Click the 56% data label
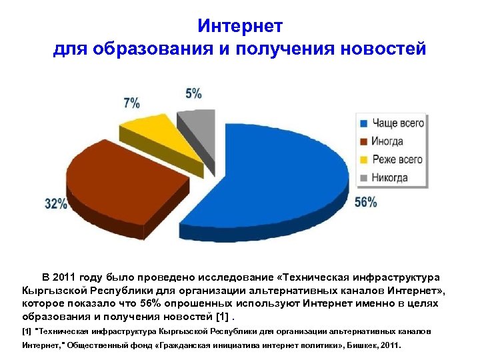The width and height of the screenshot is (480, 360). [365, 203]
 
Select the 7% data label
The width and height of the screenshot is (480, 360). [132, 103]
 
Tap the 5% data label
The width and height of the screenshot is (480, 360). [193, 93]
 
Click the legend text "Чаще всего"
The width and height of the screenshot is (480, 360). [398, 123]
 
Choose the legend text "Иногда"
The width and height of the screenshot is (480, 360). [388, 141]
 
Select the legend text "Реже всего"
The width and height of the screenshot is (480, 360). [397, 159]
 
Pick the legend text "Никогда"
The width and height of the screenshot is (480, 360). [390, 177]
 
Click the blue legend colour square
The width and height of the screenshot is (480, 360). [364, 124]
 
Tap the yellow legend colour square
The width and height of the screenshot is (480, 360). [364, 160]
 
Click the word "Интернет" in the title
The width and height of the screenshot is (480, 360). [240, 26]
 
